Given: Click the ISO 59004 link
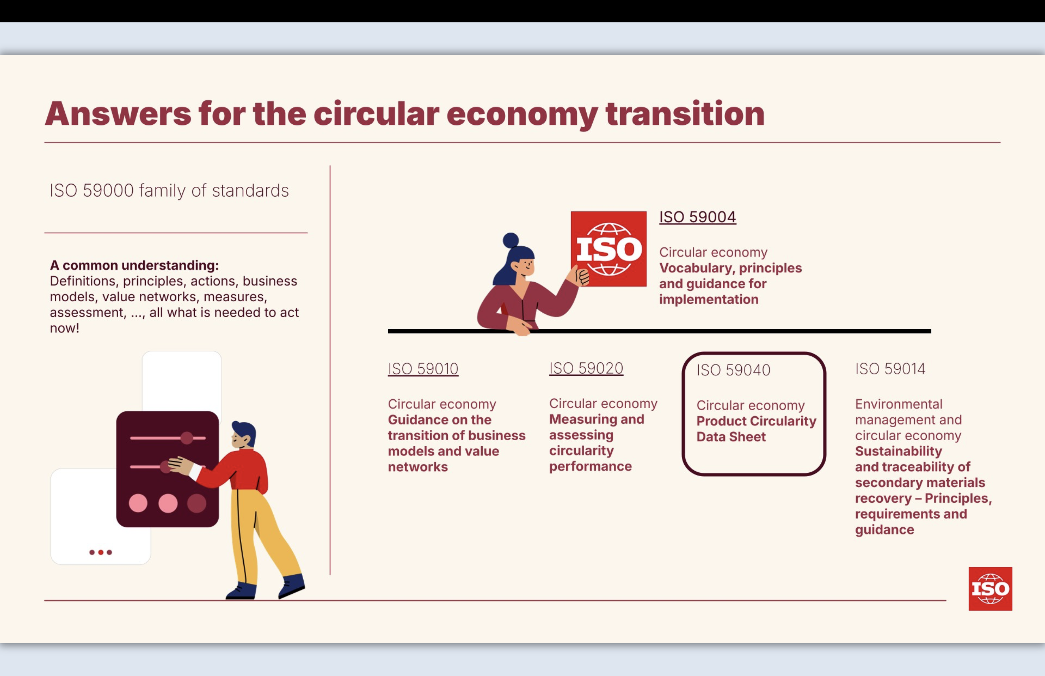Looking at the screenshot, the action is pyautogui.click(x=697, y=217).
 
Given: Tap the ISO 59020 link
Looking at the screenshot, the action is pyautogui.click(x=586, y=368).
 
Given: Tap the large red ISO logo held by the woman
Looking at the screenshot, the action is pyautogui.click(x=609, y=249).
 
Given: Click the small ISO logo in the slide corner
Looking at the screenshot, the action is pyautogui.click(x=990, y=589).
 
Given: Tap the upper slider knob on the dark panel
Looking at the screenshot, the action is pyautogui.click(x=187, y=438).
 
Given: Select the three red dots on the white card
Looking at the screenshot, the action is pyautogui.click(x=100, y=552).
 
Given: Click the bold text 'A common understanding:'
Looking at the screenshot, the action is pyautogui.click(x=134, y=265).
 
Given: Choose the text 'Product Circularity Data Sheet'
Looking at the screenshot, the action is pyautogui.click(x=756, y=429).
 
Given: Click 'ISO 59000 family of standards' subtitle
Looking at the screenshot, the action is pyautogui.click(x=169, y=191).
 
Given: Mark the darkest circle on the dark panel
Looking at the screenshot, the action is pyautogui.click(x=197, y=503).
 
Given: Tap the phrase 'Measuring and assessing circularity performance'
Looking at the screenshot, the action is pyautogui.click(x=596, y=442).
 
